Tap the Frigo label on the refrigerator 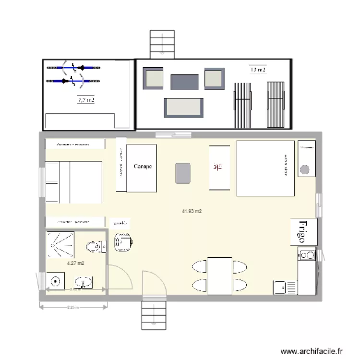coord(302,231)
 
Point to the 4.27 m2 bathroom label coord(76,263)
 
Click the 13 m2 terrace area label coord(258,70)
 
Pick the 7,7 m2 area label coord(86,100)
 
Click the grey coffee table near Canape coord(183,173)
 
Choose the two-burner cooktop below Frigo coord(306,255)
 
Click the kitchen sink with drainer coord(285,287)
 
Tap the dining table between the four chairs coord(220,276)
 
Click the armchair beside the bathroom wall coord(122,242)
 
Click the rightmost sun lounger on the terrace coord(276,104)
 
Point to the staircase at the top coord(162,44)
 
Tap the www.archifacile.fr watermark coord(312,351)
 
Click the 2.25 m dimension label coord(73,307)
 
